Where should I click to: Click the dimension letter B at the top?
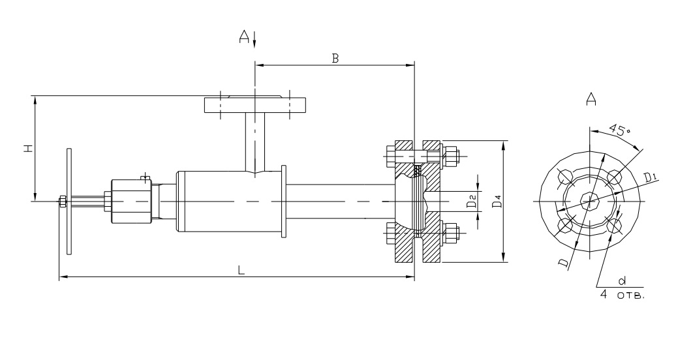335,58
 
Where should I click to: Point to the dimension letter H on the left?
27,149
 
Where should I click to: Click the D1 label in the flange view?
650,177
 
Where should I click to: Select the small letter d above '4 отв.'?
621,280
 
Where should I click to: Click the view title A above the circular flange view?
591,99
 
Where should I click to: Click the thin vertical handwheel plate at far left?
69,202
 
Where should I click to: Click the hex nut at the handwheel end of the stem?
62,202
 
